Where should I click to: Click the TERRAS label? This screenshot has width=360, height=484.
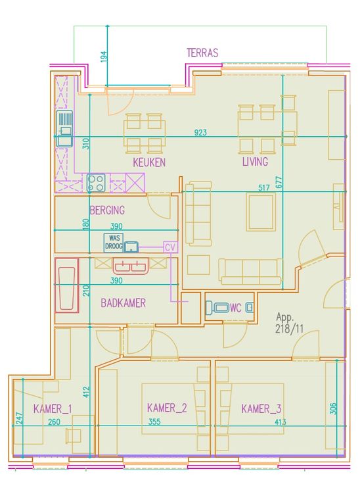(202, 53)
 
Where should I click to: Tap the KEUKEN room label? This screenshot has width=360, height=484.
(149, 162)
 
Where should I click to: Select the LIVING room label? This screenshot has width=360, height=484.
(255, 161)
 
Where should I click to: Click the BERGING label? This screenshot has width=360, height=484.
(107, 210)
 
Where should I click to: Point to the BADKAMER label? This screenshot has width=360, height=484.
(123, 302)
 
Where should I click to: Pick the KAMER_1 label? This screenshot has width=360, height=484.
(53, 409)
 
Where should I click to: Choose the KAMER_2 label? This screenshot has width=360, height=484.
(167, 408)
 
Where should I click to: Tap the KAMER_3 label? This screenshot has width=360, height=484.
(261, 408)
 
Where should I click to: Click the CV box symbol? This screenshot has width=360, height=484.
(171, 247)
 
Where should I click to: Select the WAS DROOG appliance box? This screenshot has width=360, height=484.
(114, 243)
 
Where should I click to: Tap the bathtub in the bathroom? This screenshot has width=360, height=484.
(67, 285)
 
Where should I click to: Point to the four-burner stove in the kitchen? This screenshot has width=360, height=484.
(96, 183)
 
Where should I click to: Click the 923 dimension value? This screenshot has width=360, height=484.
(200, 132)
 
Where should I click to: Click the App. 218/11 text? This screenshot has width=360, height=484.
(289, 323)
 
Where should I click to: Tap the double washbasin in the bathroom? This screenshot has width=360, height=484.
(131, 266)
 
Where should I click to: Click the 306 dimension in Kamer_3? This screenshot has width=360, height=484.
(333, 408)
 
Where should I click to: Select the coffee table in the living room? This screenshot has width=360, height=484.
(261, 212)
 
